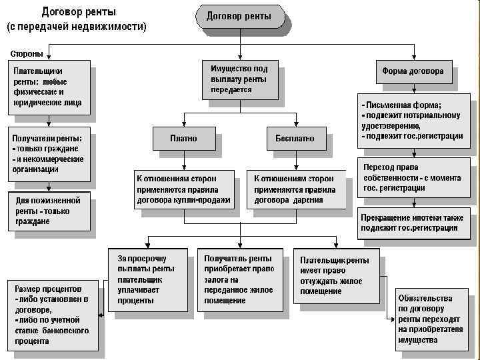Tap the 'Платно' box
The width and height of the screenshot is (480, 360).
(184, 139)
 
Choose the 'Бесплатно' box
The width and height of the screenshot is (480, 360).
(295, 139)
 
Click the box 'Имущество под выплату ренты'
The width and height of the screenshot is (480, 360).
(239, 79)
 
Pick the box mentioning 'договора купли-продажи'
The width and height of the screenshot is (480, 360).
(184, 189)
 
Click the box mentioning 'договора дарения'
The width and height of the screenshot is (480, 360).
(298, 189)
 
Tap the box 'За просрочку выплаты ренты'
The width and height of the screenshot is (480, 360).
(148, 279)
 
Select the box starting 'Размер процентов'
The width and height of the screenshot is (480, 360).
(51, 315)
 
